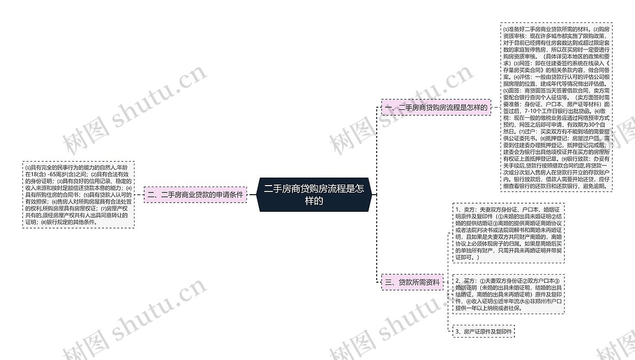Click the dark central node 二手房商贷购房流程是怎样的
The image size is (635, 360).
pos(313,195)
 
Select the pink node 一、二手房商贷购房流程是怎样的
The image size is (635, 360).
pos(435,107)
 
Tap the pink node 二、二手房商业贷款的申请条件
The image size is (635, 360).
pos(195,195)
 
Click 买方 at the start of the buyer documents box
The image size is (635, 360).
pos(468,281)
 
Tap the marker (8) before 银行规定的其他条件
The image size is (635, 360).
pos(43,222)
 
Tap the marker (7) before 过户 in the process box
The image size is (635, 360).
pos(521,131)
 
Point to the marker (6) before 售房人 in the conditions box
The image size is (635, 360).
pos(54,202)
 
